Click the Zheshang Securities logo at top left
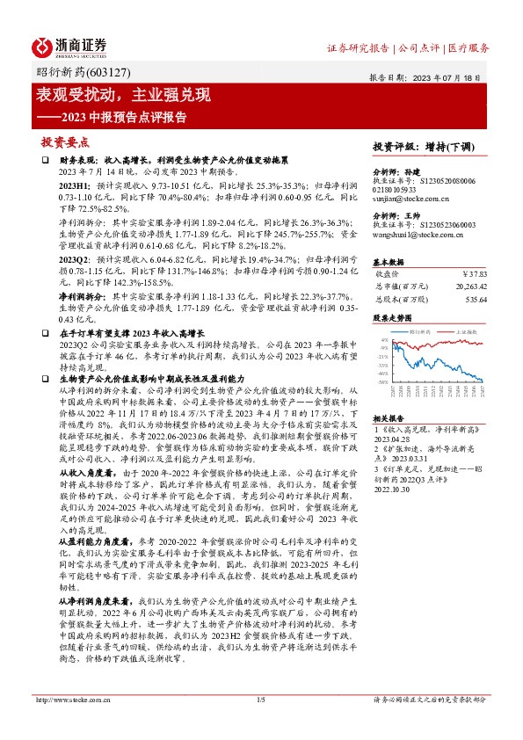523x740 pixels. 69,46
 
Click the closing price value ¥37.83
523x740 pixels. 472,272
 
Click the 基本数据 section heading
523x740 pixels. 389,262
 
